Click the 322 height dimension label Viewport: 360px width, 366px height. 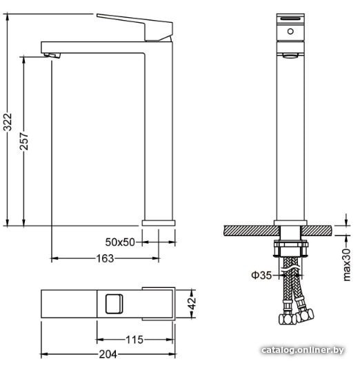8,122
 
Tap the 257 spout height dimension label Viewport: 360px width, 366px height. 24,141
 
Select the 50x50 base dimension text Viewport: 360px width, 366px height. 120,242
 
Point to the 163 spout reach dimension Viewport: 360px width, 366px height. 105,258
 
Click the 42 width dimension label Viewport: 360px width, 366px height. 193,303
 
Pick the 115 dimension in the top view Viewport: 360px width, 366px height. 134,340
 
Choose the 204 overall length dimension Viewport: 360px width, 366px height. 108,354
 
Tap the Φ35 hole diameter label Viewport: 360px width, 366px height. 261,276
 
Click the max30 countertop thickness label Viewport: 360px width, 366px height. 347,264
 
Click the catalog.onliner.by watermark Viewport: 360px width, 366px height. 302,350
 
